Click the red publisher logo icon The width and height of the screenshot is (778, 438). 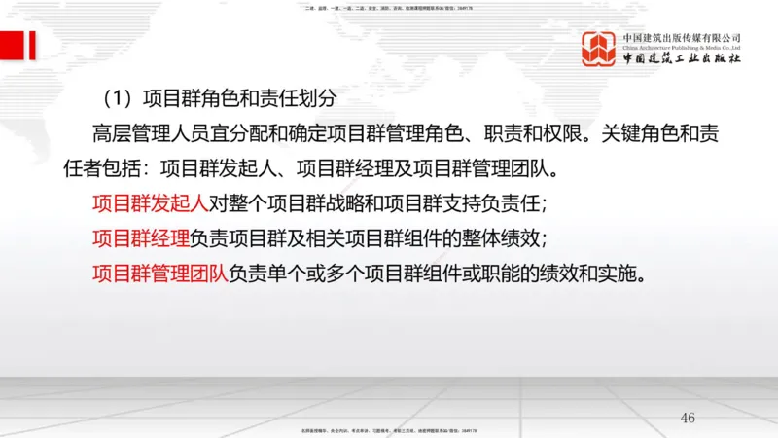coord(599,48)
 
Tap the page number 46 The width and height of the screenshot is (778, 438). coord(688,418)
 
